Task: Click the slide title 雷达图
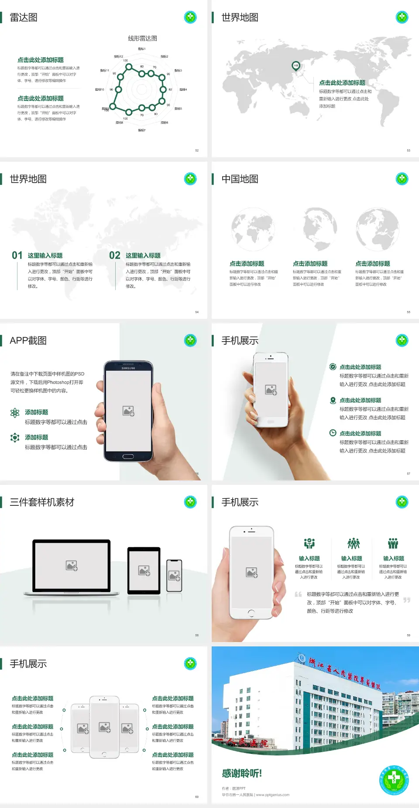(24, 17)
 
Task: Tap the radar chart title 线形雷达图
(142, 38)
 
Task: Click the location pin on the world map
(296, 66)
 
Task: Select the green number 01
(17, 256)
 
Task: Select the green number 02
(115, 256)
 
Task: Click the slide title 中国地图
(240, 179)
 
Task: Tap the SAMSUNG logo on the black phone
(128, 368)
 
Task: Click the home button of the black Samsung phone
(128, 456)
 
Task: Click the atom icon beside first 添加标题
(15, 413)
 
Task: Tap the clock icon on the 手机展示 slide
(333, 433)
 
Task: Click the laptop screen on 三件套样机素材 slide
(72, 566)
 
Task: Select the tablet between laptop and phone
(144, 570)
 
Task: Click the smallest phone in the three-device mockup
(174, 576)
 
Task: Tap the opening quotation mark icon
(298, 594)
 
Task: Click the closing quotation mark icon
(407, 600)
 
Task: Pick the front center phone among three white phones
(104, 727)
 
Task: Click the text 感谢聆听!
(242, 773)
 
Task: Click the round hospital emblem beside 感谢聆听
(394, 780)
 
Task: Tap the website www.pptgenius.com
(272, 795)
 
